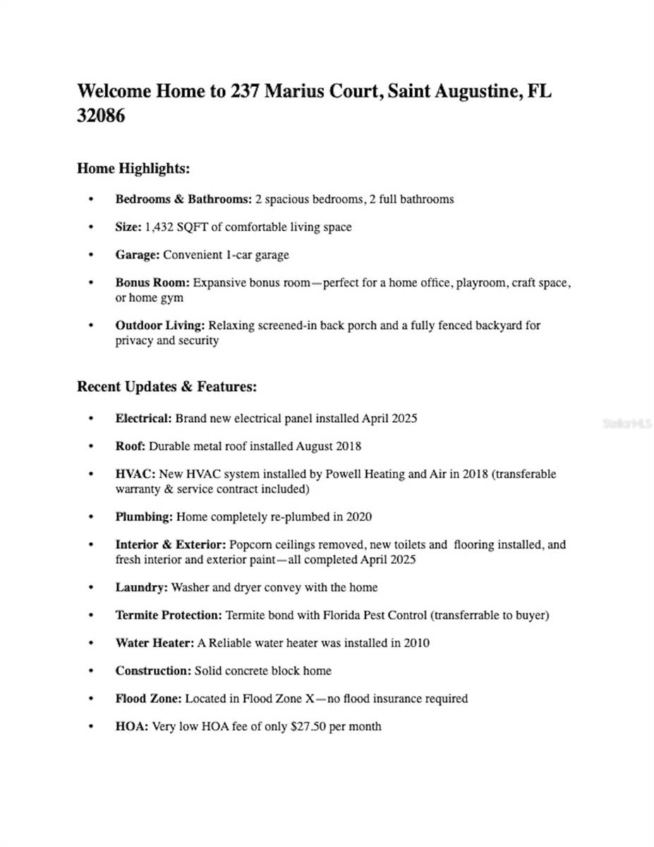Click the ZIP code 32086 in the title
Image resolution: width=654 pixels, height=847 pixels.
click(x=101, y=116)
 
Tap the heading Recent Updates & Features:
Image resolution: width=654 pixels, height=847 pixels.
click(x=166, y=387)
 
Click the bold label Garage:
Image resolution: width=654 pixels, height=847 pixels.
click(x=138, y=255)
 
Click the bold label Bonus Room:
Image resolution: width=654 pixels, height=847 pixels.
click(x=152, y=283)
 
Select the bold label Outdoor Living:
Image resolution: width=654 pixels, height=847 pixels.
click(x=160, y=325)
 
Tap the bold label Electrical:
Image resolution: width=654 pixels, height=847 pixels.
click(x=143, y=418)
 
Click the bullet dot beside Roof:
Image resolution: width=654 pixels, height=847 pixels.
click(x=90, y=446)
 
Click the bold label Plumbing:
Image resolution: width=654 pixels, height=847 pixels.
click(x=144, y=517)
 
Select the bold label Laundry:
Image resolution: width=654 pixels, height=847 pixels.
click(x=142, y=587)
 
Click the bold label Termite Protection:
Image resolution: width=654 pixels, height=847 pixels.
click(x=169, y=615)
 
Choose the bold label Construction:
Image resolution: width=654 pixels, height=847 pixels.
click(x=153, y=671)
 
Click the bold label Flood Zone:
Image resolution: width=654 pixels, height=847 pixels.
click(x=148, y=699)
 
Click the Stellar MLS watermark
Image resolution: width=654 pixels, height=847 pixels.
click(x=627, y=423)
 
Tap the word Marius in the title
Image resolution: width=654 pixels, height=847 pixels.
click(x=296, y=92)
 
